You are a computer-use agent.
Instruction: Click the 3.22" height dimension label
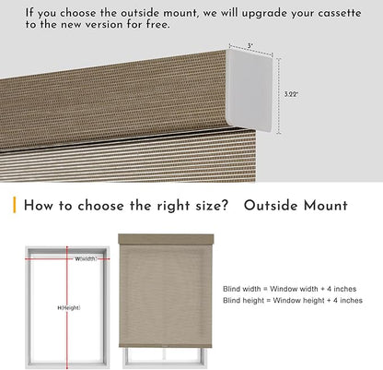[x=291, y=94]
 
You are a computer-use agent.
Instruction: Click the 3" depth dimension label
[x=250, y=46]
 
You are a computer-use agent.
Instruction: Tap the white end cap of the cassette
[x=250, y=90]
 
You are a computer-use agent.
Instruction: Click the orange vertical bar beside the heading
[x=15, y=205]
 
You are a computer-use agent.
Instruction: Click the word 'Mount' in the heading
[x=326, y=206]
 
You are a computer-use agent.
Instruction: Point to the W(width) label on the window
[x=87, y=258]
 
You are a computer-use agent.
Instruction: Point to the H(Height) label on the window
[x=69, y=307]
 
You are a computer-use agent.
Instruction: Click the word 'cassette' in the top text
[x=340, y=13]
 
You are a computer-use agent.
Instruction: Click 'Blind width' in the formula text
[x=242, y=289]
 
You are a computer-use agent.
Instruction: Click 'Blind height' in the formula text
[x=243, y=300]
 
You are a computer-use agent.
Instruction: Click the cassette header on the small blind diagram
[x=166, y=239]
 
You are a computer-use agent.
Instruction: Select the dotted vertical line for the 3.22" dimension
[x=278, y=96]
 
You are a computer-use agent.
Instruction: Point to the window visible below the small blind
[x=165, y=358]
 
